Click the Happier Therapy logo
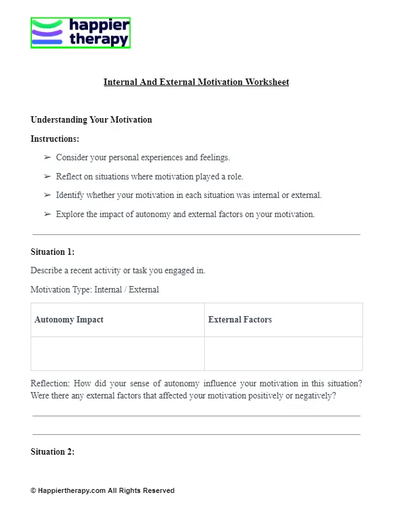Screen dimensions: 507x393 pyautogui.click(x=80, y=33)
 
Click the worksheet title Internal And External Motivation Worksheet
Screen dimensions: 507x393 pyautogui.click(x=196, y=82)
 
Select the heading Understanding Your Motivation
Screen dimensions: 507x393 pyautogui.click(x=91, y=119)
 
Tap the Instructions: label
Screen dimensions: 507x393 pyautogui.click(x=55, y=139)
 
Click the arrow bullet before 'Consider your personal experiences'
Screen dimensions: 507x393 pyautogui.click(x=47, y=157)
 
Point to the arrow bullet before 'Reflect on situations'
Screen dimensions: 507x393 pyautogui.click(x=47, y=176)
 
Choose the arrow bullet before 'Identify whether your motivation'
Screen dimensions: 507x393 pyautogui.click(x=47, y=195)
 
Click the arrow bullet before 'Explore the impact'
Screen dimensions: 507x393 pyautogui.click(x=47, y=215)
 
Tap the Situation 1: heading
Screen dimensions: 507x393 pyautogui.click(x=52, y=252)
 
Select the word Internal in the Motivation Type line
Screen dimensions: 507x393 pyautogui.click(x=109, y=290)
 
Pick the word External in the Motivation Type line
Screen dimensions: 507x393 pyautogui.click(x=144, y=290)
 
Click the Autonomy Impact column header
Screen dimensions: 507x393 pyautogui.click(x=69, y=320)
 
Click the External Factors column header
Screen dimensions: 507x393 pyautogui.click(x=240, y=320)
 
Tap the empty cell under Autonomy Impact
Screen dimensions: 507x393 pyautogui.click(x=117, y=354)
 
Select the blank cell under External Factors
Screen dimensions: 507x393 pyautogui.click(x=283, y=354)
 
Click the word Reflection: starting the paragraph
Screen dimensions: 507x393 pyautogui.click(x=50, y=384)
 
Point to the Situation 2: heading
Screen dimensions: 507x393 pyautogui.click(x=52, y=452)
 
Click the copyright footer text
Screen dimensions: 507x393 pyautogui.click(x=102, y=490)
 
